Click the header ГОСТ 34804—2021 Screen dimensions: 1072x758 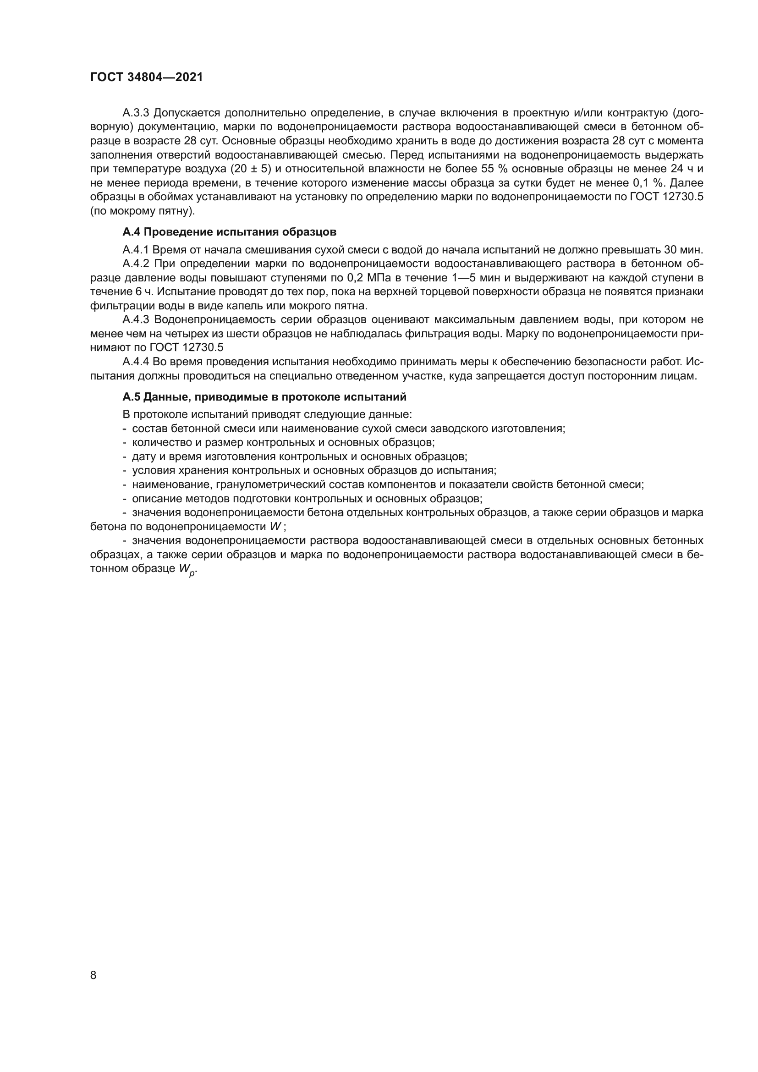(147, 77)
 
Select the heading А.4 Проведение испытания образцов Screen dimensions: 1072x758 (229, 232)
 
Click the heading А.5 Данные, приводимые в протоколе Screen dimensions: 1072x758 (264, 397)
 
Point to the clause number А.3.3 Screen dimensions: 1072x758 (135, 113)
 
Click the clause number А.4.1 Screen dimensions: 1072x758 (135, 250)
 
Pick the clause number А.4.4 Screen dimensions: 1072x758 (135, 362)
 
